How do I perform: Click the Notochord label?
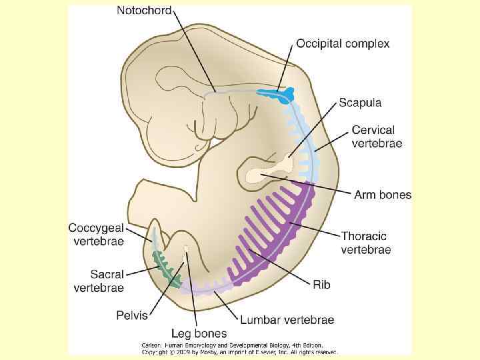click(144, 11)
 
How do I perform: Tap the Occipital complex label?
click(343, 43)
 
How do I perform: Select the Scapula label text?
click(360, 103)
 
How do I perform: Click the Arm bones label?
click(382, 195)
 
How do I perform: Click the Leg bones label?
click(199, 333)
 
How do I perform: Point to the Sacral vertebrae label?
click(98, 281)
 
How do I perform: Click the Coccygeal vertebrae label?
click(95, 234)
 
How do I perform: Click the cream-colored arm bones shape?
click(260, 175)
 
